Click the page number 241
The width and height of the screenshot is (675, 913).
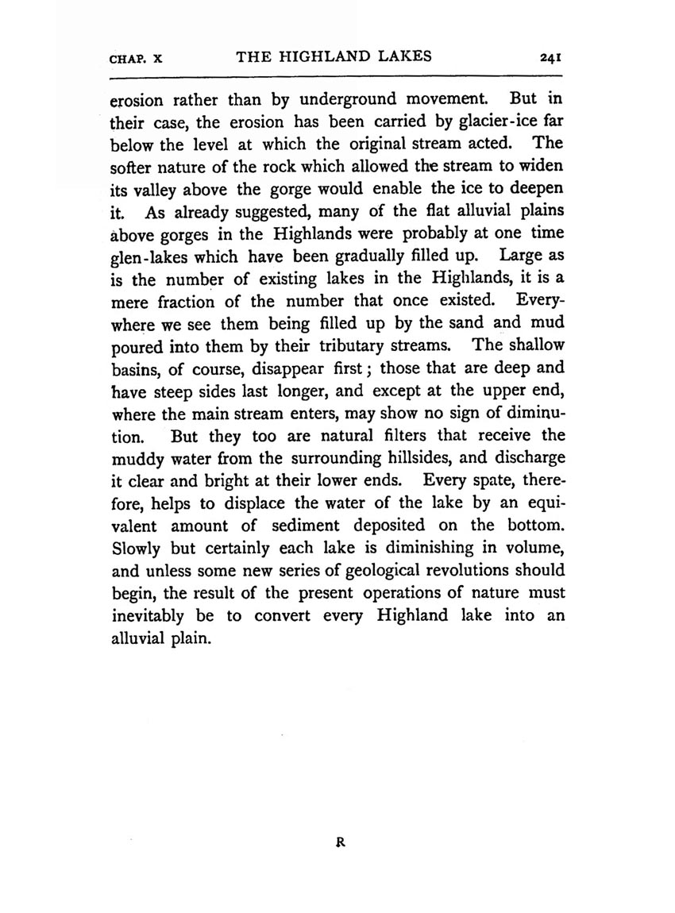[550, 56]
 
